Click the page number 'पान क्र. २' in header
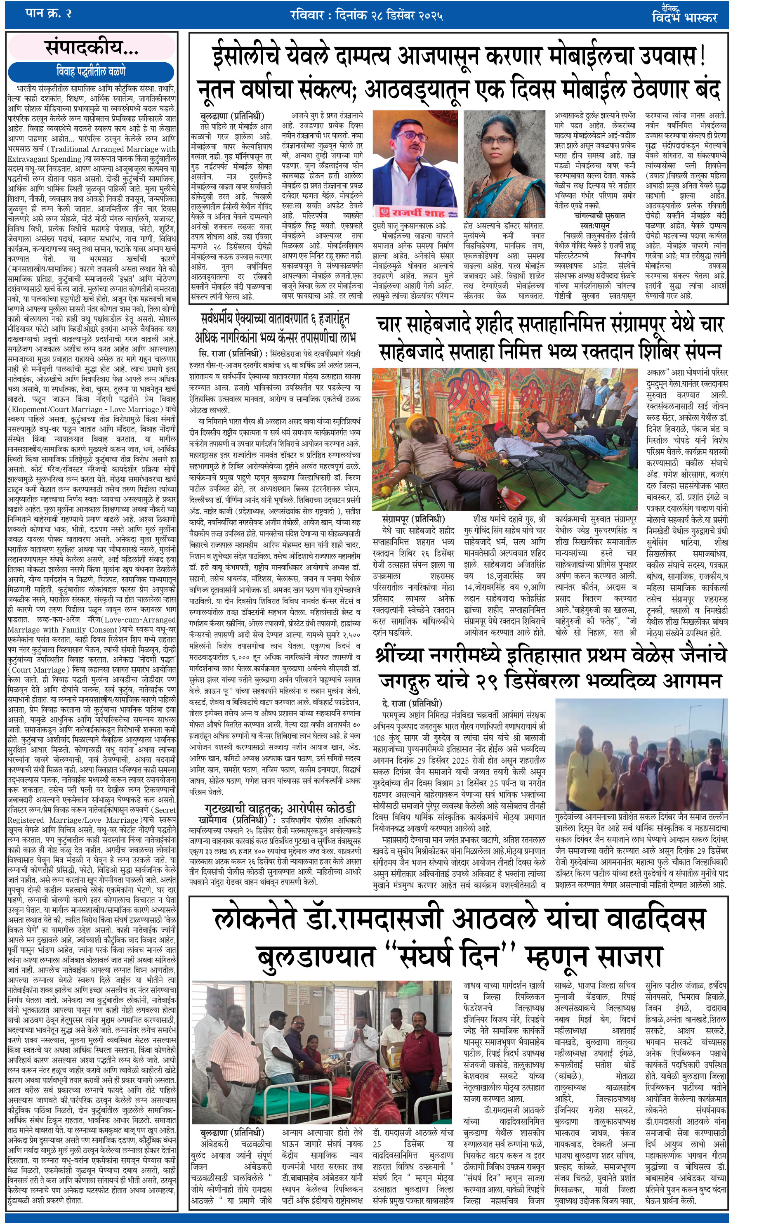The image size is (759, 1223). point(48,14)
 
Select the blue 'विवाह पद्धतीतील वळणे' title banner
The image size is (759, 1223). point(91,72)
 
